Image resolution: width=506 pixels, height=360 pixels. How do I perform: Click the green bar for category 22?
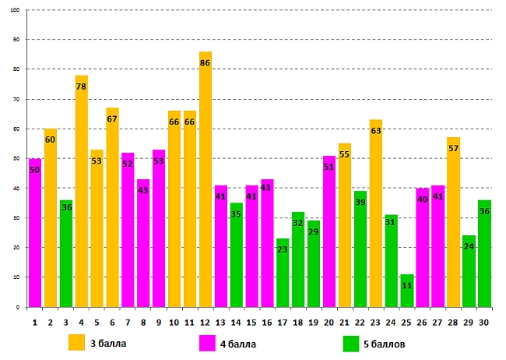click(360, 249)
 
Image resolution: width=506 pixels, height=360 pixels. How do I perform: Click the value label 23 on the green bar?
click(283, 249)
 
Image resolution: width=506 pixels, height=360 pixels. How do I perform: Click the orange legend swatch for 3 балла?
click(76, 343)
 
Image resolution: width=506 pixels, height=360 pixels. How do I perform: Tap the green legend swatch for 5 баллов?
click(351, 343)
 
